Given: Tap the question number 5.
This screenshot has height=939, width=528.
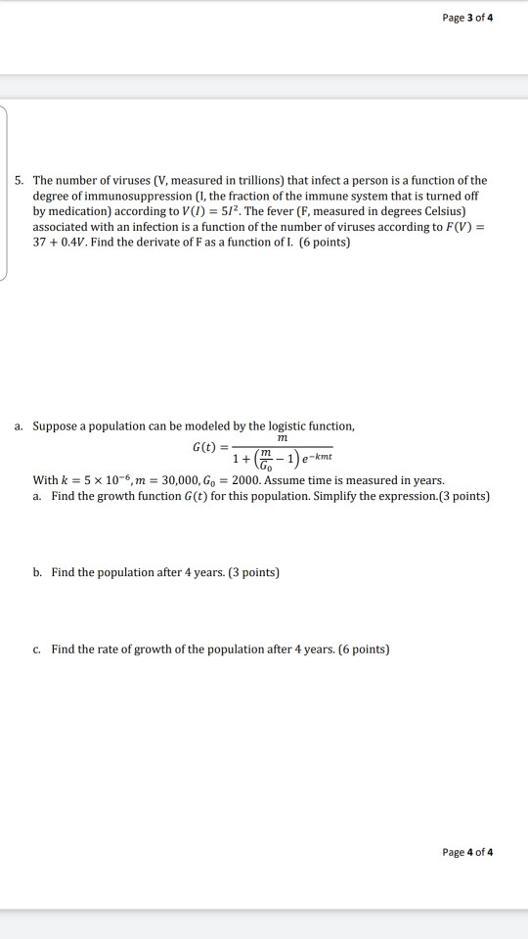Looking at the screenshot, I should click(x=20, y=181).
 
